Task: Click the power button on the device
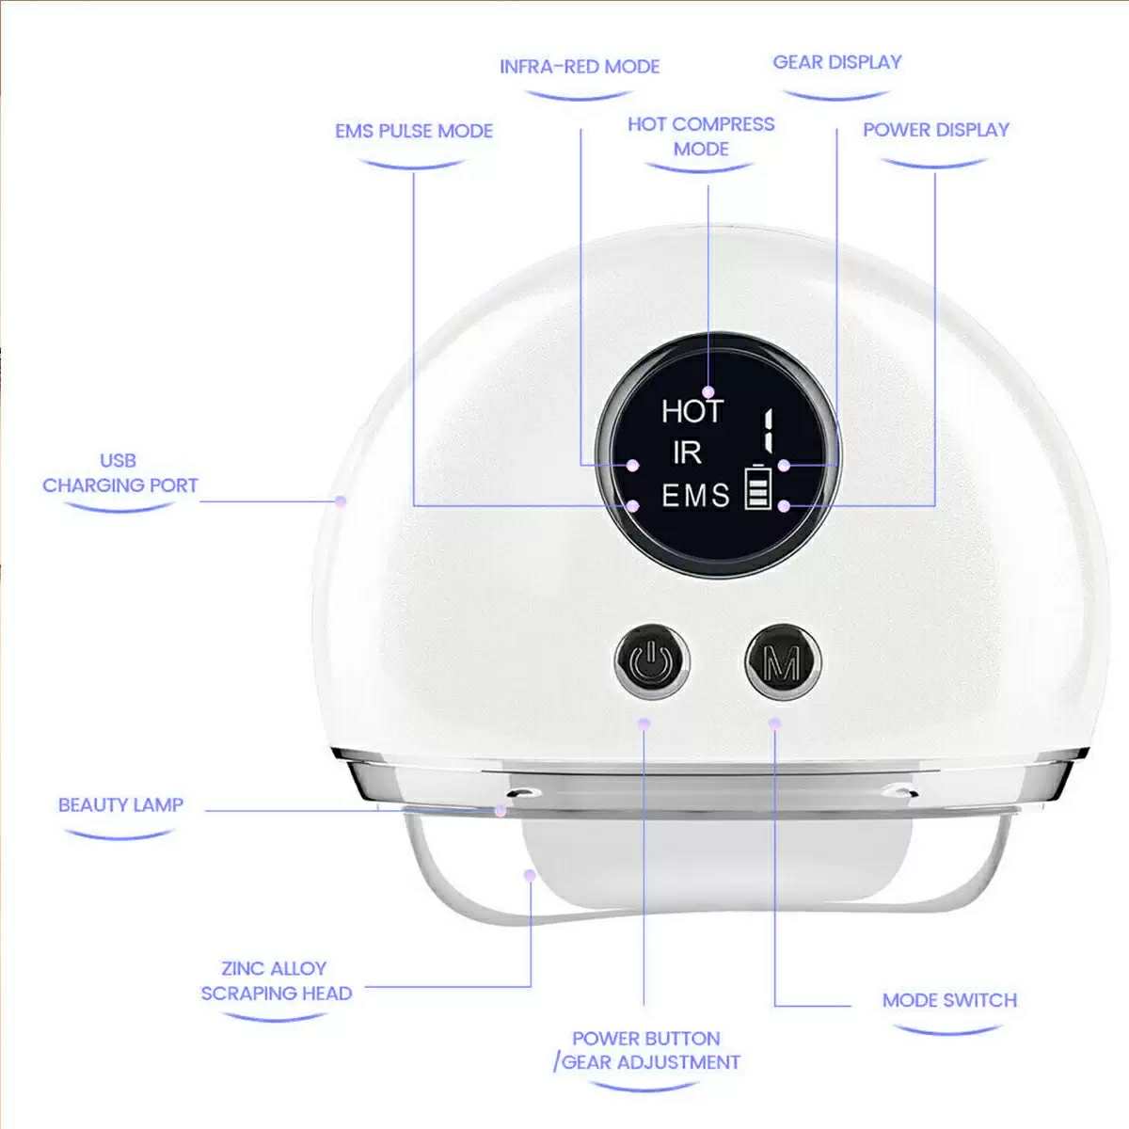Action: pos(653,662)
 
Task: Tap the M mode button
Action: pos(784,662)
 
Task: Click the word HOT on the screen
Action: pos(692,411)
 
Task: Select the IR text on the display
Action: pos(687,453)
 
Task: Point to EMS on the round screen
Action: pos(696,496)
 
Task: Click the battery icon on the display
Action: pos(757,486)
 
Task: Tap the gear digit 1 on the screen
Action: pos(770,431)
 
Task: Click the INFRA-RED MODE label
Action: pos(580,67)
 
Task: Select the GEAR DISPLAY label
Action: pos(837,62)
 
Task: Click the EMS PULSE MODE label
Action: pos(414,131)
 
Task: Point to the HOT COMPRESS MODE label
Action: pos(701,136)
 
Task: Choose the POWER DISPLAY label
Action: pos(936,130)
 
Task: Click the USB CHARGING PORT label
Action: pos(120,473)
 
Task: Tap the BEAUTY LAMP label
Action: pos(120,805)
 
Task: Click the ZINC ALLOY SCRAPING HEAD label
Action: pos(276,980)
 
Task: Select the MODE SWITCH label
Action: pos(949,1000)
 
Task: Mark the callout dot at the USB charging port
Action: pos(341,501)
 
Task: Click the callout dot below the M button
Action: pos(774,724)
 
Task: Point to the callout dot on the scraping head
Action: pos(530,875)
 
